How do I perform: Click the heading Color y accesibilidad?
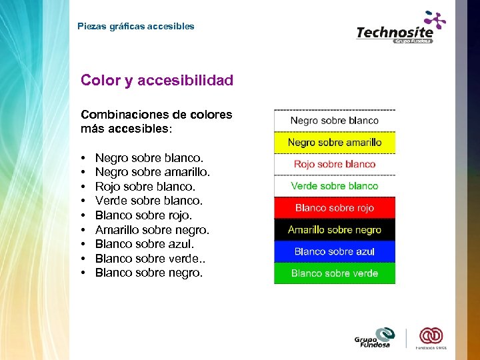pyautogui.click(x=157, y=81)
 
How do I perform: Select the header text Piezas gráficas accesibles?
pyautogui.click(x=136, y=27)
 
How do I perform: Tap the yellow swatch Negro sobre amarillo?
pyautogui.click(x=335, y=143)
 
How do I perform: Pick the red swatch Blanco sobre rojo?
pyautogui.click(x=335, y=208)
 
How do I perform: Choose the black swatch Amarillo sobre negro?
pyautogui.click(x=335, y=230)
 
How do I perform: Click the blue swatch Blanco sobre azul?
pyautogui.click(x=335, y=251)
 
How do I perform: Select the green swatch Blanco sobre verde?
pyautogui.click(x=335, y=273)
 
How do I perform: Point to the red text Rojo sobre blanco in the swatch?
pyautogui.click(x=335, y=164)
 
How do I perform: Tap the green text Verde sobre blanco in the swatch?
pyautogui.click(x=335, y=186)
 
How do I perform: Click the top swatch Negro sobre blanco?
pyautogui.click(x=335, y=121)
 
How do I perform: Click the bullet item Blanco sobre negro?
pyautogui.click(x=147, y=273)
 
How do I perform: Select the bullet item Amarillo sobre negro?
pyautogui.click(x=152, y=230)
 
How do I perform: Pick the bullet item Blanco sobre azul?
pyautogui.click(x=145, y=244)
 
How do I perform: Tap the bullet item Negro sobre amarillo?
pyautogui.click(x=153, y=172)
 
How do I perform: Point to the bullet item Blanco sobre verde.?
pyautogui.click(x=148, y=259)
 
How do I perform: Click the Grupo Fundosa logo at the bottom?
pyautogui.click(x=375, y=338)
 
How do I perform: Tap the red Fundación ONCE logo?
pyautogui.click(x=431, y=337)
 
